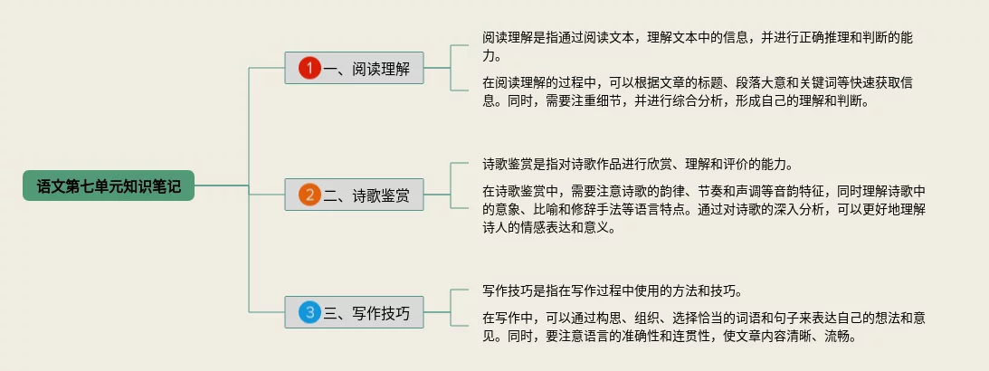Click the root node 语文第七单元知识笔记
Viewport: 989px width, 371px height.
[x=109, y=185]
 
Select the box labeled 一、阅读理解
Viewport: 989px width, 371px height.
[x=354, y=68]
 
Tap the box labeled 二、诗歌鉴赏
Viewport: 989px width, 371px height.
[x=354, y=195]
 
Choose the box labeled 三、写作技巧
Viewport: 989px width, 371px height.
[x=354, y=312]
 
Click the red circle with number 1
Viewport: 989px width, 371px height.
[x=309, y=68]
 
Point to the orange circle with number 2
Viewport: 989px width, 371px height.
[x=309, y=195]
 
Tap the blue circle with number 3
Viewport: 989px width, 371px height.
[x=309, y=312]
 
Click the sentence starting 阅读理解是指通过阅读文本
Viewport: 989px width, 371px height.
[x=698, y=46]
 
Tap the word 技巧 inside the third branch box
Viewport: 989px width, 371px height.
[x=395, y=313]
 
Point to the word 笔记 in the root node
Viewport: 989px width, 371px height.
[x=166, y=186]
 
